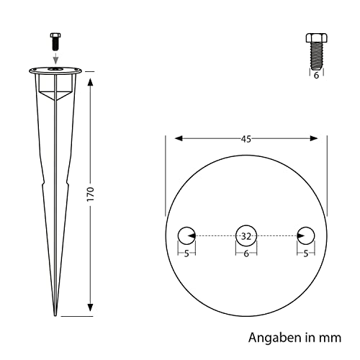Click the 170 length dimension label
[91, 194]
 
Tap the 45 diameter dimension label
[246, 139]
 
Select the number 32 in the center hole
[246, 236]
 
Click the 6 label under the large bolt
[316, 76]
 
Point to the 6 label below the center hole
[246, 253]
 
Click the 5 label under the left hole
[186, 253]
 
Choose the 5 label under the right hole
[305, 253]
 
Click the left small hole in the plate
[186, 235]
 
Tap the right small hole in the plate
[306, 235]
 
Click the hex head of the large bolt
[317, 37]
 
